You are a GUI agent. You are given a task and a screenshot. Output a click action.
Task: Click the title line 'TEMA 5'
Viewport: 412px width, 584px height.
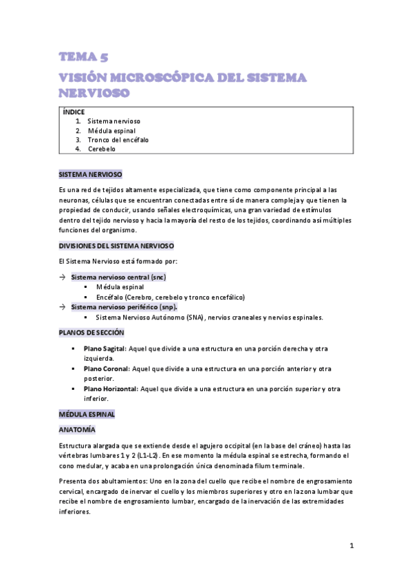[x=83, y=57]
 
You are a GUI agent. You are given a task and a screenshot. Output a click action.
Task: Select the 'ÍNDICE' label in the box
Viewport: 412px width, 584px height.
[x=74, y=112]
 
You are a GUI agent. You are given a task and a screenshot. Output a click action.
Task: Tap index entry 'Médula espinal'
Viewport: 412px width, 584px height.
[x=112, y=130]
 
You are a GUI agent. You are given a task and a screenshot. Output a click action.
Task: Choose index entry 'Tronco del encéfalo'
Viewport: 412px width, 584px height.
[x=118, y=140]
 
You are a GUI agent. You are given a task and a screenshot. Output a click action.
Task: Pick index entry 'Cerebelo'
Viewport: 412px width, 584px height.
[x=102, y=149]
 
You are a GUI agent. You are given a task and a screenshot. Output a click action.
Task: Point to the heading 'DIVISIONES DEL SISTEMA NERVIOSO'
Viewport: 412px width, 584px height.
[x=117, y=245]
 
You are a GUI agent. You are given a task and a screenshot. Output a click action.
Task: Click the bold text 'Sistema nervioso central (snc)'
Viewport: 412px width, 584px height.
[x=118, y=277]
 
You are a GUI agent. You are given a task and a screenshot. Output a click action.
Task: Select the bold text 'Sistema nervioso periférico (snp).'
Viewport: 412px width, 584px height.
[x=124, y=307]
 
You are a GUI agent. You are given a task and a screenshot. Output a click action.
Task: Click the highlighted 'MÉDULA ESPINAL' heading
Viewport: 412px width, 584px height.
[x=87, y=415]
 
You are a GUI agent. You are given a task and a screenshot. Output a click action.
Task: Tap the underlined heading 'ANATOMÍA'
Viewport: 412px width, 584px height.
[x=77, y=430]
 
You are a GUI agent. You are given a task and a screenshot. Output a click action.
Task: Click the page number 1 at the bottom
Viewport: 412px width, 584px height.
[x=351, y=546]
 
